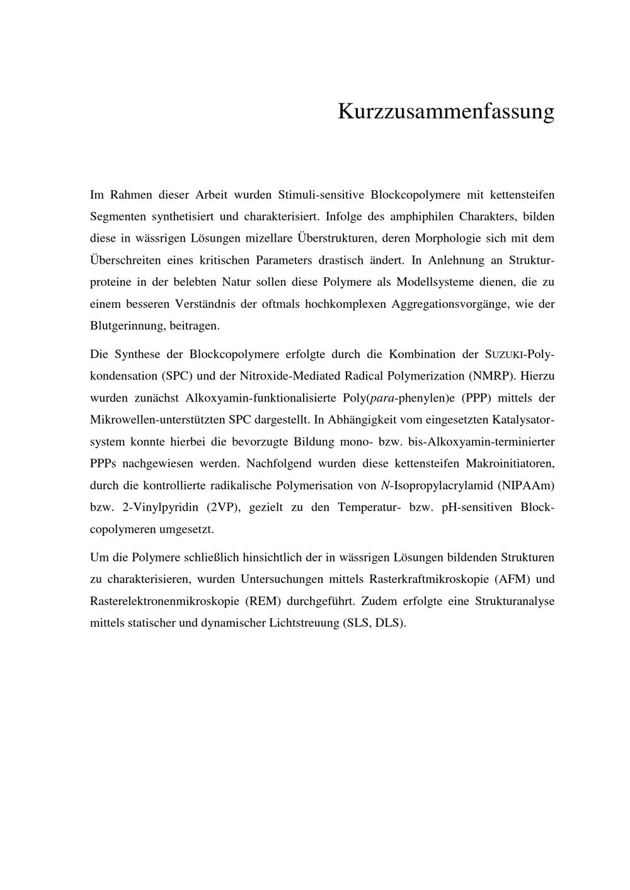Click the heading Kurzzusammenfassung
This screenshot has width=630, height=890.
445,111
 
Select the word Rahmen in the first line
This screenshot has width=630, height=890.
129,194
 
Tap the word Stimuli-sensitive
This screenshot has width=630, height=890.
319,194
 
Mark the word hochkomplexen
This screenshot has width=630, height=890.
346,304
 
